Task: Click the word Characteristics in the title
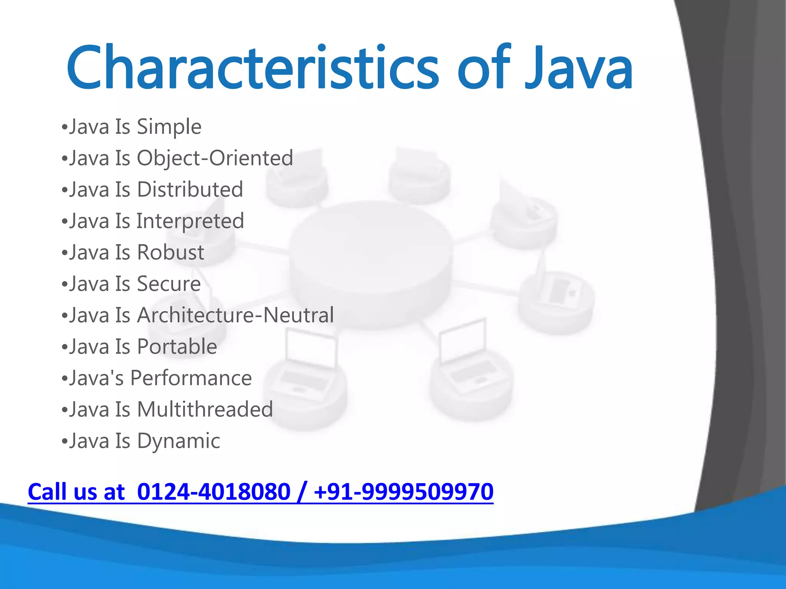tap(253, 68)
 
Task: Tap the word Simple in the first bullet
tap(169, 127)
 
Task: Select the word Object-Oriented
tap(215, 158)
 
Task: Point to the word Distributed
tap(190, 189)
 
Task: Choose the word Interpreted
tap(190, 221)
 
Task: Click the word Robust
tap(170, 252)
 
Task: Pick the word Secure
tap(169, 284)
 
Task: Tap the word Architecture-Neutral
tap(235, 315)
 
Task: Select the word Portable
tap(177, 347)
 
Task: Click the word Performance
tap(191, 378)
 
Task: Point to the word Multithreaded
tap(205, 409)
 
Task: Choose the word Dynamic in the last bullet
tap(178, 441)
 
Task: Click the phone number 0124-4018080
tap(213, 492)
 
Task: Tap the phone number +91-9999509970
tap(403, 492)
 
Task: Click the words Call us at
tap(76, 492)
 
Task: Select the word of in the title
tap(484, 68)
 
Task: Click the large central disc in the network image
tap(370, 261)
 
